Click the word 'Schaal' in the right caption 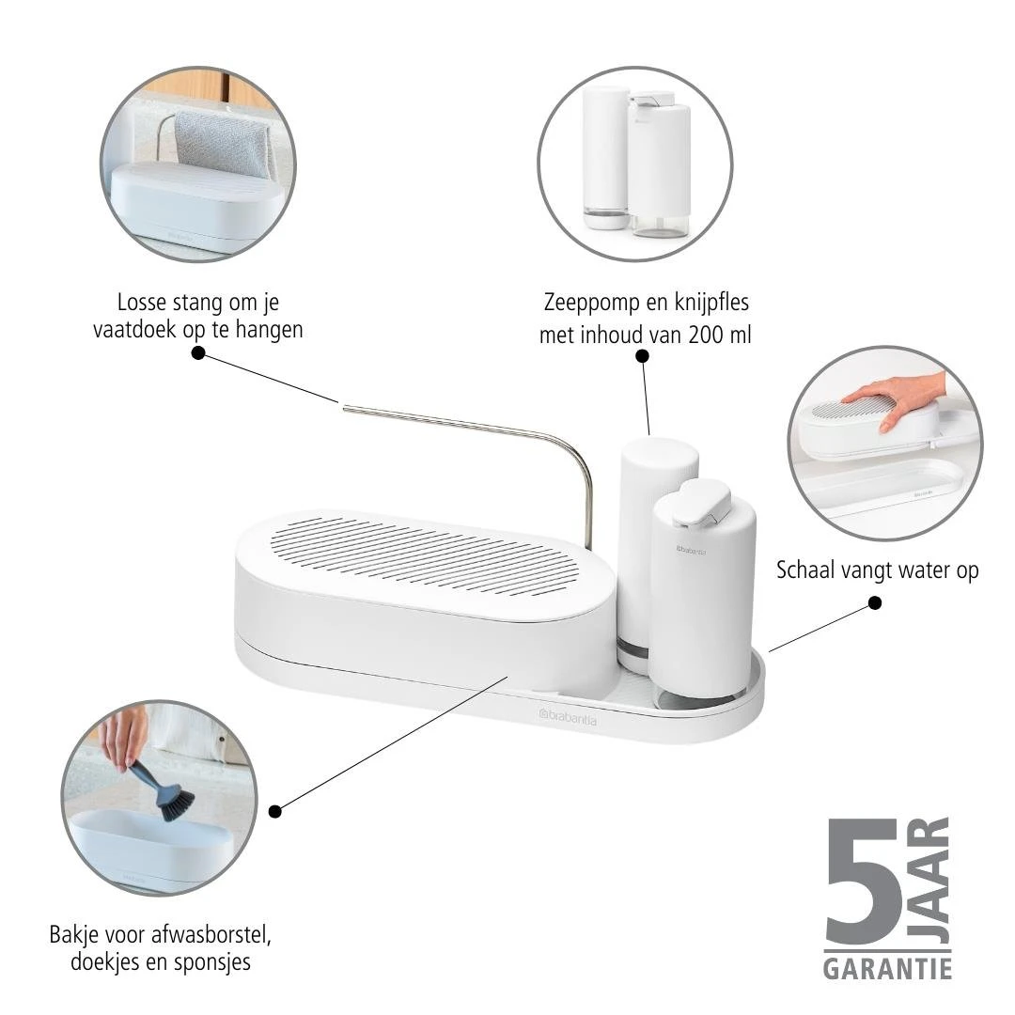point(806,570)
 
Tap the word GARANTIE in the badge point(887,968)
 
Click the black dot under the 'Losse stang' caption point(198,352)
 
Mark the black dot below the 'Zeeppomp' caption point(642,355)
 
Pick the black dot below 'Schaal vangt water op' point(875,602)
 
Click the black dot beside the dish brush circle point(274,810)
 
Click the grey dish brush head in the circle point(176,804)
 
